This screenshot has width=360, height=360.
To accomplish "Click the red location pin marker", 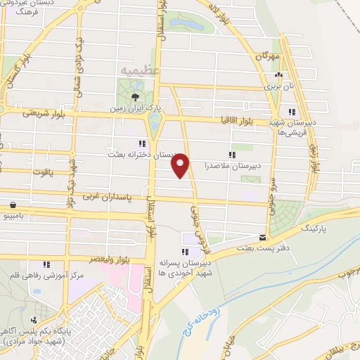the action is click(181, 165).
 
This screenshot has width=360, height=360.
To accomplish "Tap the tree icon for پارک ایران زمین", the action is click(134, 97).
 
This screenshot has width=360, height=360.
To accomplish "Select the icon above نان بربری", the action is click(280, 75).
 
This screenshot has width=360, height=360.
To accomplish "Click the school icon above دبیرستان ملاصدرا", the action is click(231, 155).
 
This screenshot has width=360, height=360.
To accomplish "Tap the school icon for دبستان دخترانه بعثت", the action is click(143, 143).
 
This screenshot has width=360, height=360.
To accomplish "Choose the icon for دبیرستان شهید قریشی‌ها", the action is click(292, 111).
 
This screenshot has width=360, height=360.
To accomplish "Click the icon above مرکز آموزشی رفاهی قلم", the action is click(46, 264).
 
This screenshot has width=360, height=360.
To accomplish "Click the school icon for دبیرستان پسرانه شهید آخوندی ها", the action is click(185, 252).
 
